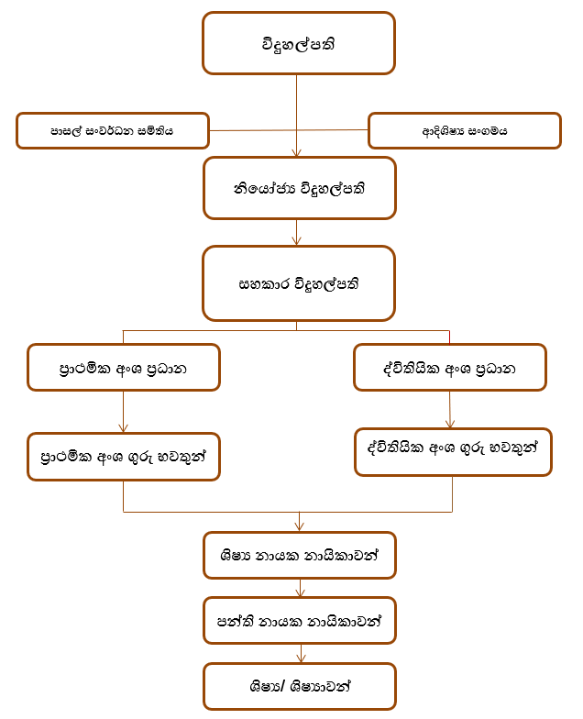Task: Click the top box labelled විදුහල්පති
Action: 299,43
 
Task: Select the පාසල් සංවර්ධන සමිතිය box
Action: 113,131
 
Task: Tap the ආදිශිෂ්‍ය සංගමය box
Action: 465,131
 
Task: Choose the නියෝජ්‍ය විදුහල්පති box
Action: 299,188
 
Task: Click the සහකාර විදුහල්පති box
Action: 299,282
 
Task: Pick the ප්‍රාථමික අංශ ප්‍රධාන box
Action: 124,368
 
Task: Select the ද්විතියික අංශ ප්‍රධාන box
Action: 449,369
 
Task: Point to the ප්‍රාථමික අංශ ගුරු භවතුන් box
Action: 124,456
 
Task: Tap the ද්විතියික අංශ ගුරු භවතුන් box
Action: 453,451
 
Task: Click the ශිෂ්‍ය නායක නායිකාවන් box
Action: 300,555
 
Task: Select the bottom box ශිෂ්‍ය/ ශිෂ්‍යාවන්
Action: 300,687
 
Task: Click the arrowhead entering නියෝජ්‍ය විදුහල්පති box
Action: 297,152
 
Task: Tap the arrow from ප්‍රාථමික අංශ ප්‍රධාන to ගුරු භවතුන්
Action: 123,413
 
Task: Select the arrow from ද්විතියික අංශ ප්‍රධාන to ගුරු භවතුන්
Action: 449,410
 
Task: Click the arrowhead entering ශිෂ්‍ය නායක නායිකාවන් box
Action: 299,525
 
